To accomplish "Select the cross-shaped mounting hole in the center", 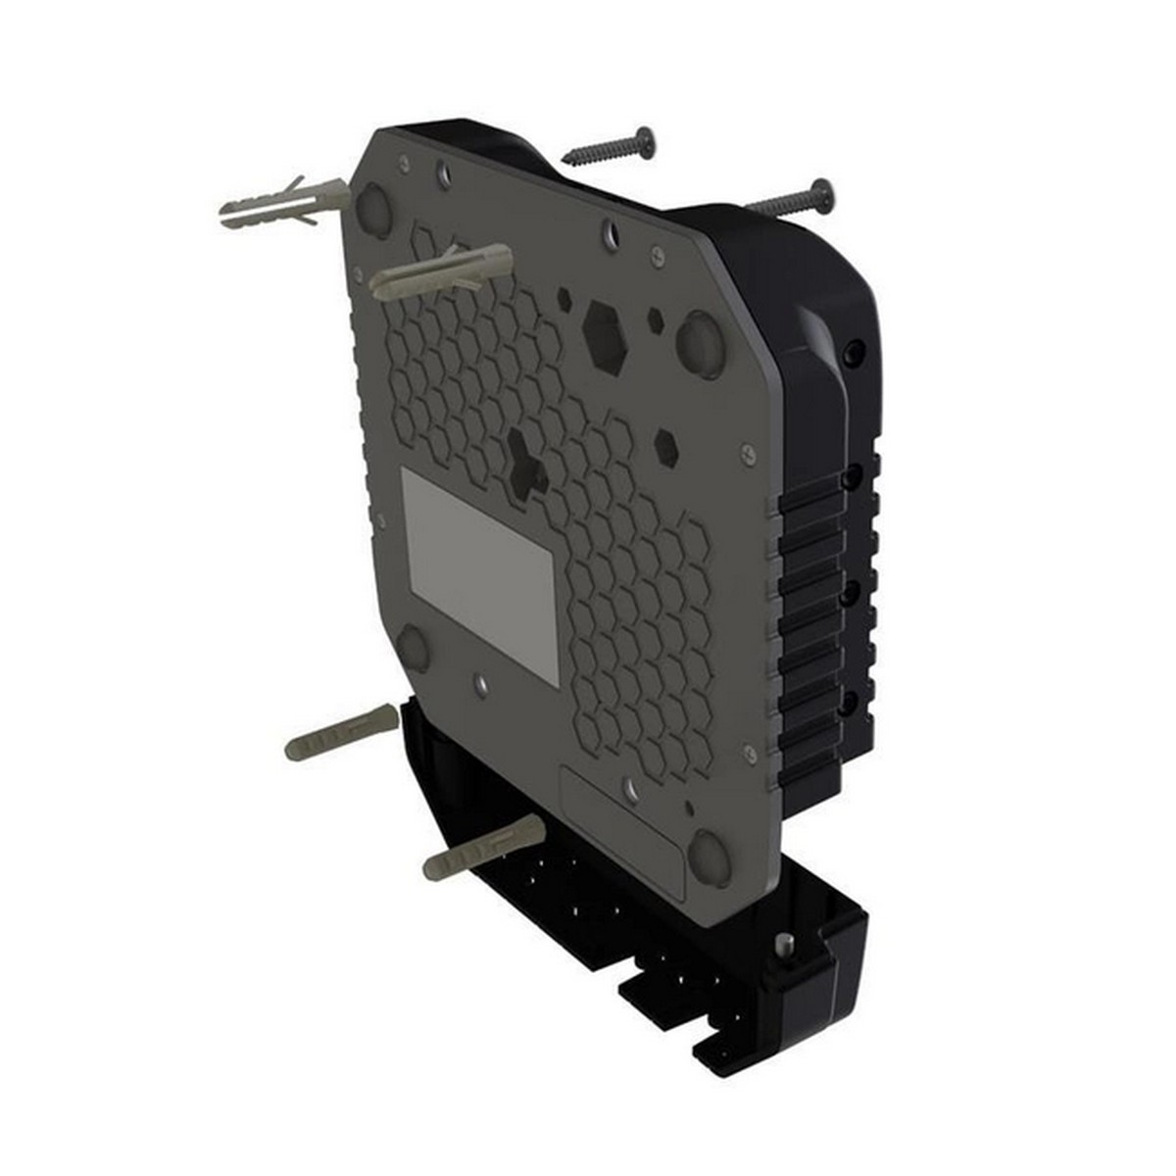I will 526,463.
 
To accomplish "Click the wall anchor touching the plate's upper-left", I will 441,270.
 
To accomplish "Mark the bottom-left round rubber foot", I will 413,648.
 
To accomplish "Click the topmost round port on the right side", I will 856,350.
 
